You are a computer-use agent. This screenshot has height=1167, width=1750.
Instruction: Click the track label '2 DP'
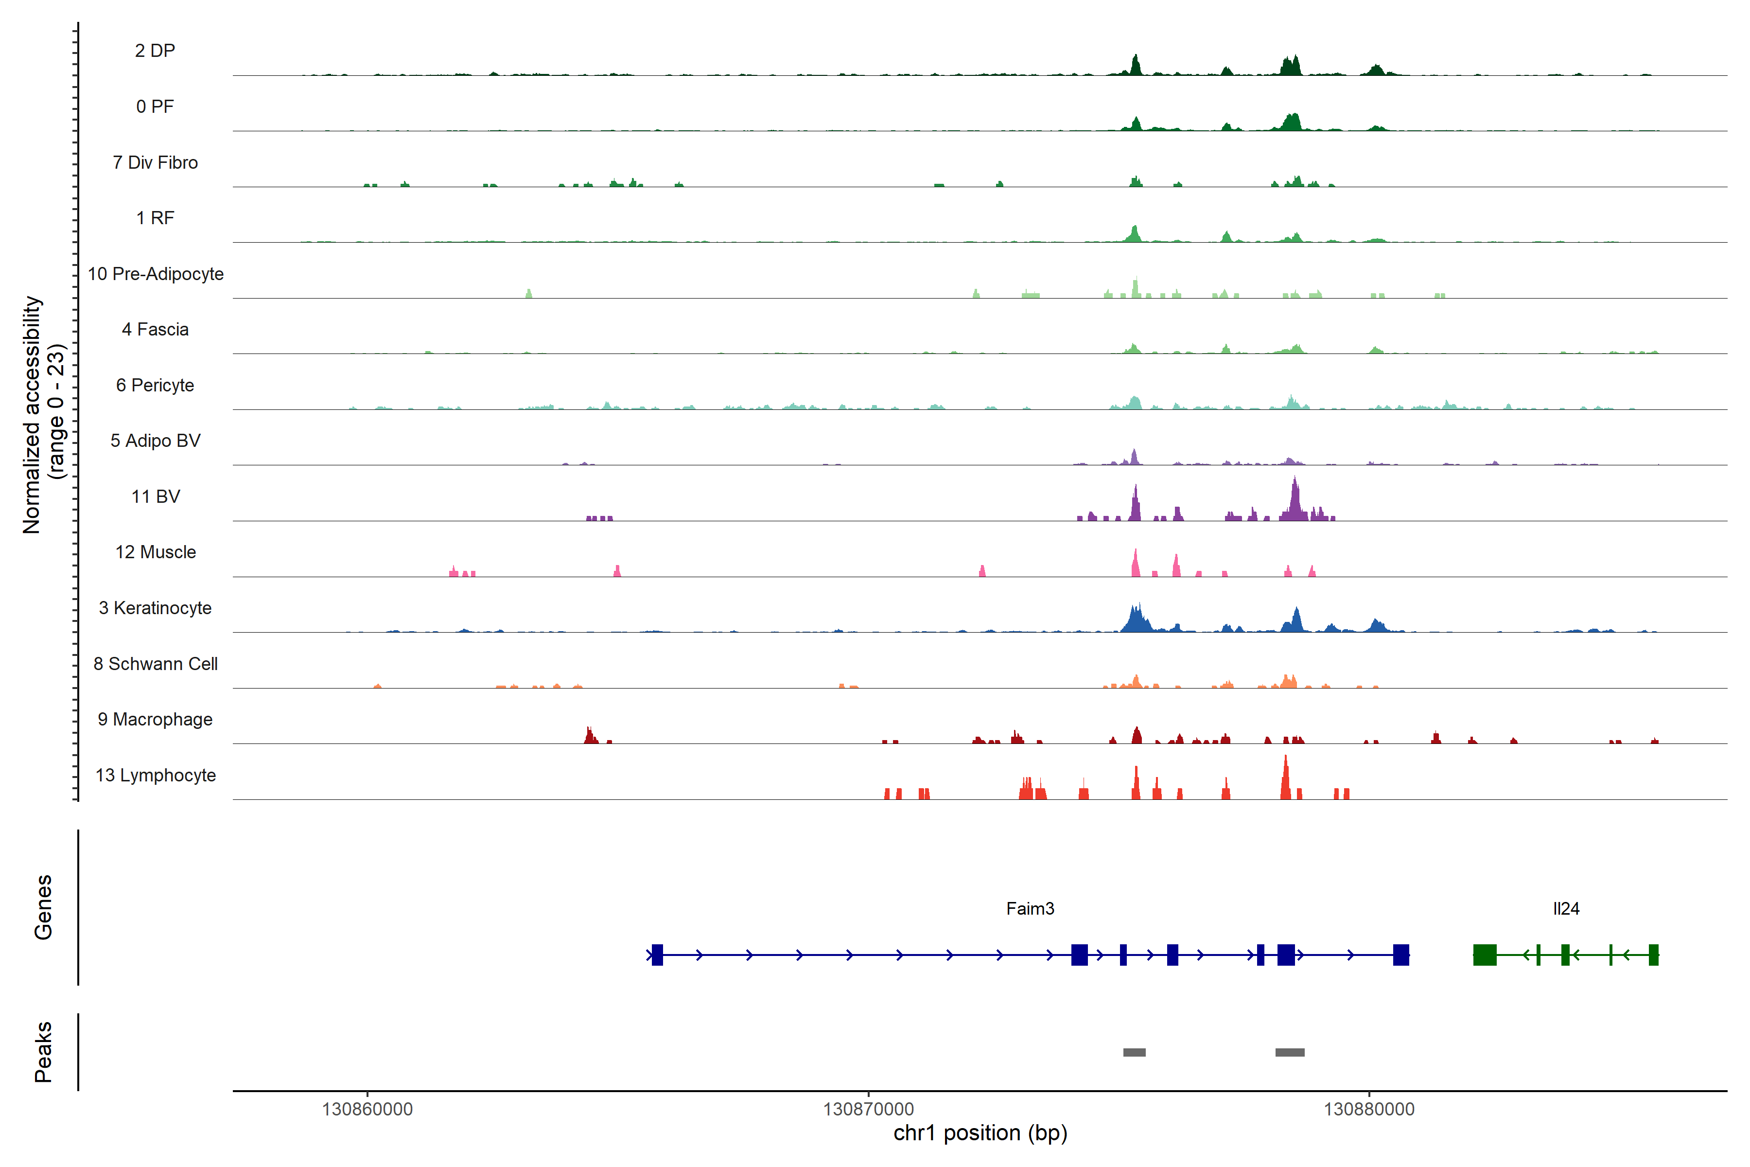click(155, 51)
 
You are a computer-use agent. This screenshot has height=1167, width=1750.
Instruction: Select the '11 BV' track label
click(156, 496)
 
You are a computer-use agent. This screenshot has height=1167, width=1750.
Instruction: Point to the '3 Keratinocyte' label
click(156, 608)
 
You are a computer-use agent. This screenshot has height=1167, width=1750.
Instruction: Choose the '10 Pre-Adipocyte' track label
click(156, 274)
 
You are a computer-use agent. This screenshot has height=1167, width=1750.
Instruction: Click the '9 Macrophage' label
click(156, 719)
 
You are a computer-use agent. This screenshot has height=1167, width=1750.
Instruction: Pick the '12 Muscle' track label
click(156, 552)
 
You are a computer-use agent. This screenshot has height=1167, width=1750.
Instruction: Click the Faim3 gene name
click(1030, 909)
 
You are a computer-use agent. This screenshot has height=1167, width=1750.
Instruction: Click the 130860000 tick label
click(367, 1109)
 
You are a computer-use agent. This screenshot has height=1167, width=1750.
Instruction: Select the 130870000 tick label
click(868, 1109)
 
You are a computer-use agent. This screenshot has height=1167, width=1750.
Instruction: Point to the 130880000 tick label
click(1369, 1109)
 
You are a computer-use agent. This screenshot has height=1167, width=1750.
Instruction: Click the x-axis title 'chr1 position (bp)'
click(980, 1133)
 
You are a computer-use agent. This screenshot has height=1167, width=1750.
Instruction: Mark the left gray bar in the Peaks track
click(1134, 1052)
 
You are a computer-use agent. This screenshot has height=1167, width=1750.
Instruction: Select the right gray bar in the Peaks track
click(1290, 1052)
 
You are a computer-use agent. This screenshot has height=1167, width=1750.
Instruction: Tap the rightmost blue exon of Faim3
click(1401, 955)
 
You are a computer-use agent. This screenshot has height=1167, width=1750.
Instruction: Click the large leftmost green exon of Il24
click(1485, 955)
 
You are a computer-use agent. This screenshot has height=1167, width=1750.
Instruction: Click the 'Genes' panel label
click(43, 907)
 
